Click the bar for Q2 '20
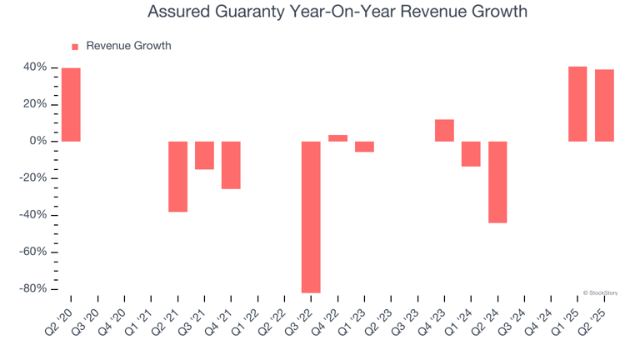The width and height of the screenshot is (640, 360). pyautogui.click(x=71, y=104)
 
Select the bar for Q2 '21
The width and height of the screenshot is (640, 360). pyautogui.click(x=177, y=177)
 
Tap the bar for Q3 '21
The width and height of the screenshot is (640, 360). pyautogui.click(x=204, y=155)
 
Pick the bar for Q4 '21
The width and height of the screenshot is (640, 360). pyautogui.click(x=231, y=165)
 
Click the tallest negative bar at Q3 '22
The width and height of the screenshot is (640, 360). pyautogui.click(x=311, y=217)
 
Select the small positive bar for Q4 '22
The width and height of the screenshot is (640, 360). pyautogui.click(x=337, y=138)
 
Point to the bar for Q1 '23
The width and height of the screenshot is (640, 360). pyautogui.click(x=364, y=147)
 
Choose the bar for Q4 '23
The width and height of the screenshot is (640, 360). pyautogui.click(x=444, y=130)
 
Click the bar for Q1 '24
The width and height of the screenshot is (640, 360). pyautogui.click(x=471, y=154)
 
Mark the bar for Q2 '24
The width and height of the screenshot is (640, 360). pyautogui.click(x=497, y=182)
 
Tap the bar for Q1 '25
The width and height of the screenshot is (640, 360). pyautogui.click(x=577, y=104)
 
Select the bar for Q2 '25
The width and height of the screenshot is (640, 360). pyautogui.click(x=604, y=105)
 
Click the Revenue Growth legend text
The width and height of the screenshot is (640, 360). pyautogui.click(x=128, y=46)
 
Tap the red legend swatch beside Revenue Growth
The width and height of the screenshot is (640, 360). pyautogui.click(x=75, y=47)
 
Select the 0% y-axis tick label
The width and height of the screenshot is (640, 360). pyautogui.click(x=38, y=142)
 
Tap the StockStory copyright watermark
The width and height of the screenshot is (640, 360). pyautogui.click(x=600, y=292)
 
